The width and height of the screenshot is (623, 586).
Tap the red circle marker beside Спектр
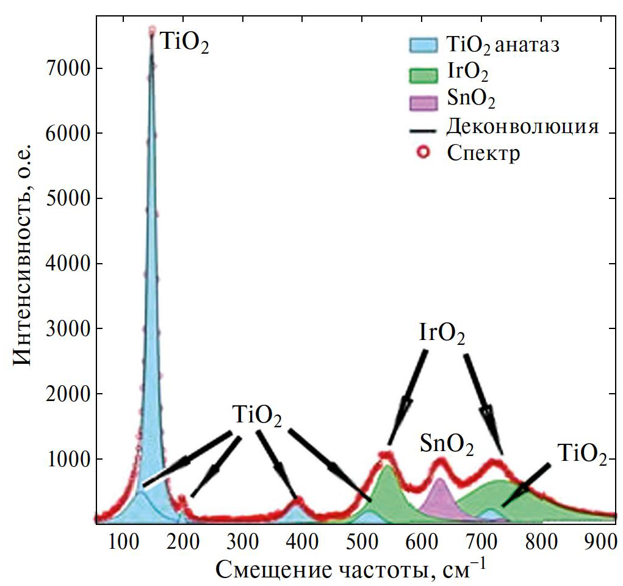pyautogui.click(x=423, y=152)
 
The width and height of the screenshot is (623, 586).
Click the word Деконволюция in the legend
pyautogui.click(x=520, y=127)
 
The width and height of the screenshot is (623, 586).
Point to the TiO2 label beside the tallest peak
pyautogui.click(x=184, y=45)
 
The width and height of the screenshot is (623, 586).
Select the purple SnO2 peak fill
pyautogui.click(x=440, y=497)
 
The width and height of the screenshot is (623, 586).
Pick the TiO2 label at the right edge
pyautogui.click(x=582, y=454)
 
